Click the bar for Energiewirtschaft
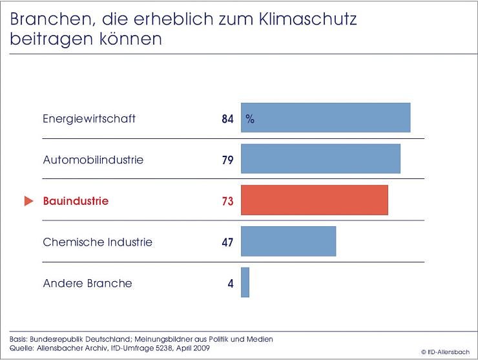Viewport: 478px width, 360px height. pos(326,118)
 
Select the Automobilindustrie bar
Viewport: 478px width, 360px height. pos(320,159)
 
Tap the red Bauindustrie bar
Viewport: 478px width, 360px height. pos(315,200)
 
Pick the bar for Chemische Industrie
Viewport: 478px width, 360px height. pos(288,241)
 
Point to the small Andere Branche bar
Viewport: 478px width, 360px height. pos(245,282)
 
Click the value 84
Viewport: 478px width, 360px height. pos(227,119)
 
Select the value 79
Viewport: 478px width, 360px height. pos(227,160)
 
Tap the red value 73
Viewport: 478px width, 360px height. pos(227,201)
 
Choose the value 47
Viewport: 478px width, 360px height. pos(227,242)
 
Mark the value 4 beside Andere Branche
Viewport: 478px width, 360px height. pos(231,283)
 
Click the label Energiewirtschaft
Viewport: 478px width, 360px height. pos(89,119)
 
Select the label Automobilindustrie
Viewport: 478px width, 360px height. pos(93,160)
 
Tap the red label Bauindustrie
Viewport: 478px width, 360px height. pos(76,201)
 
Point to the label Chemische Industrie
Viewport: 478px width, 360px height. pos(98,242)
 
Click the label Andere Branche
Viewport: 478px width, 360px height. pos(87,283)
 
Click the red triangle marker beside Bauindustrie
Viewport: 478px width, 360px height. pos(28,201)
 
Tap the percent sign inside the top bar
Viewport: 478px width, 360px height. pos(249,120)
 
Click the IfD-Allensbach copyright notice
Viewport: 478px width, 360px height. pos(446,352)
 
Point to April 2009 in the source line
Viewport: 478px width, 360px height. pos(192,348)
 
